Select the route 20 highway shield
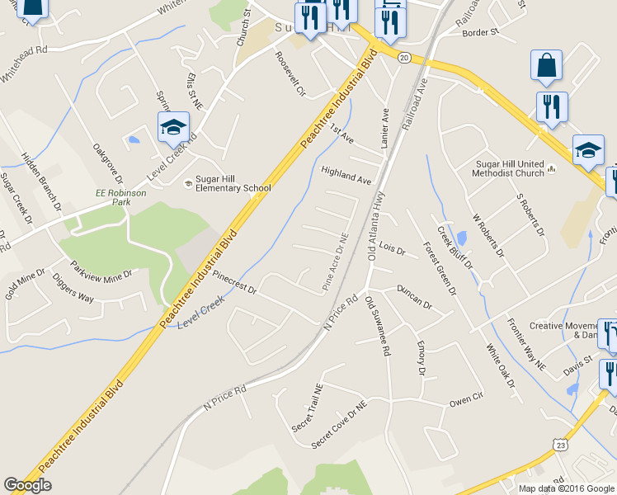click(x=403, y=56)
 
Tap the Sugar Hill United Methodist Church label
click(x=508, y=168)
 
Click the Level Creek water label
click(x=201, y=313)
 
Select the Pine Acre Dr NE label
click(x=336, y=262)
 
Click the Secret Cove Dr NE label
click(x=339, y=427)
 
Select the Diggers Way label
click(x=74, y=294)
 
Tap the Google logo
click(x=27, y=485)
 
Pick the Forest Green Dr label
click(x=440, y=268)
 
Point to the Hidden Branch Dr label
click(x=41, y=180)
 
